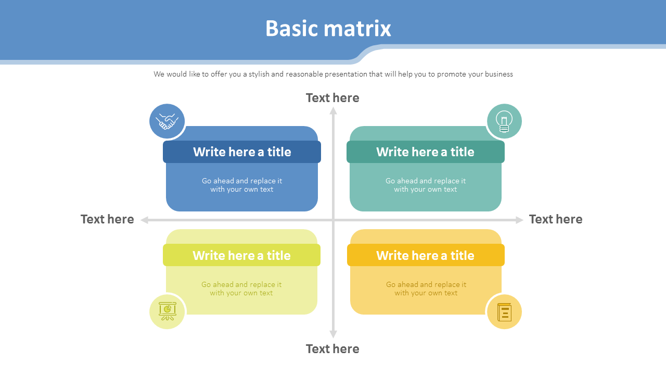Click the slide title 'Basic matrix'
pos(328,28)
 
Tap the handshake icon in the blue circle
pos(167,121)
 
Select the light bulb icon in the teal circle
pos(504,121)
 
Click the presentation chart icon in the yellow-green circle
pos(167,311)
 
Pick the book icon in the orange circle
pos(504,312)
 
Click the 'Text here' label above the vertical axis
pos(332,98)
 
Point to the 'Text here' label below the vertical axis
pos(332,349)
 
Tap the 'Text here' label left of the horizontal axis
pos(107,219)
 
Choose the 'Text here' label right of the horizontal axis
pos(556,219)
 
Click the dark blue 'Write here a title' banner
pos(242,152)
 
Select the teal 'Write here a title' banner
pos(425,152)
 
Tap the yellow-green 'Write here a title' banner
pos(241,255)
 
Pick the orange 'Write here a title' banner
pos(425,255)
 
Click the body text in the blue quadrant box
pos(242,185)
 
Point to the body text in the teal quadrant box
pos(426,185)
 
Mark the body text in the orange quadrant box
pos(426,289)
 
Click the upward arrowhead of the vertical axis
pos(334,110)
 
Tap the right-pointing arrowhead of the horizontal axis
pos(519,220)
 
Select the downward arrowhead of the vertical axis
pos(334,334)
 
